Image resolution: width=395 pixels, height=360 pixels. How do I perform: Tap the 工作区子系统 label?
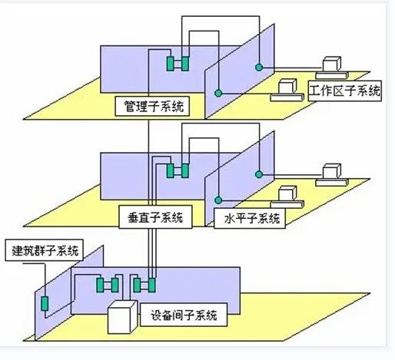pyautogui.click(x=345, y=92)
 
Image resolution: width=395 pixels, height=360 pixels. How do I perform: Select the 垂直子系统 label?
pyautogui.click(x=152, y=217)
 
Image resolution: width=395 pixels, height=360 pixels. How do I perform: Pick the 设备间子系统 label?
pyautogui.click(x=185, y=315)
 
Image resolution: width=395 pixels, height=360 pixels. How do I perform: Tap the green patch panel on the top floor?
pyautogui.click(x=178, y=62)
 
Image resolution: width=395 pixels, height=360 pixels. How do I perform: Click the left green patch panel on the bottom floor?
pyautogui.click(x=108, y=286)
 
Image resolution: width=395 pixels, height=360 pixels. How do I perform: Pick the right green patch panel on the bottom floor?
pyautogui.click(x=144, y=286)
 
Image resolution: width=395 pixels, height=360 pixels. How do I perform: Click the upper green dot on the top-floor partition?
pyautogui.click(x=261, y=64)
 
